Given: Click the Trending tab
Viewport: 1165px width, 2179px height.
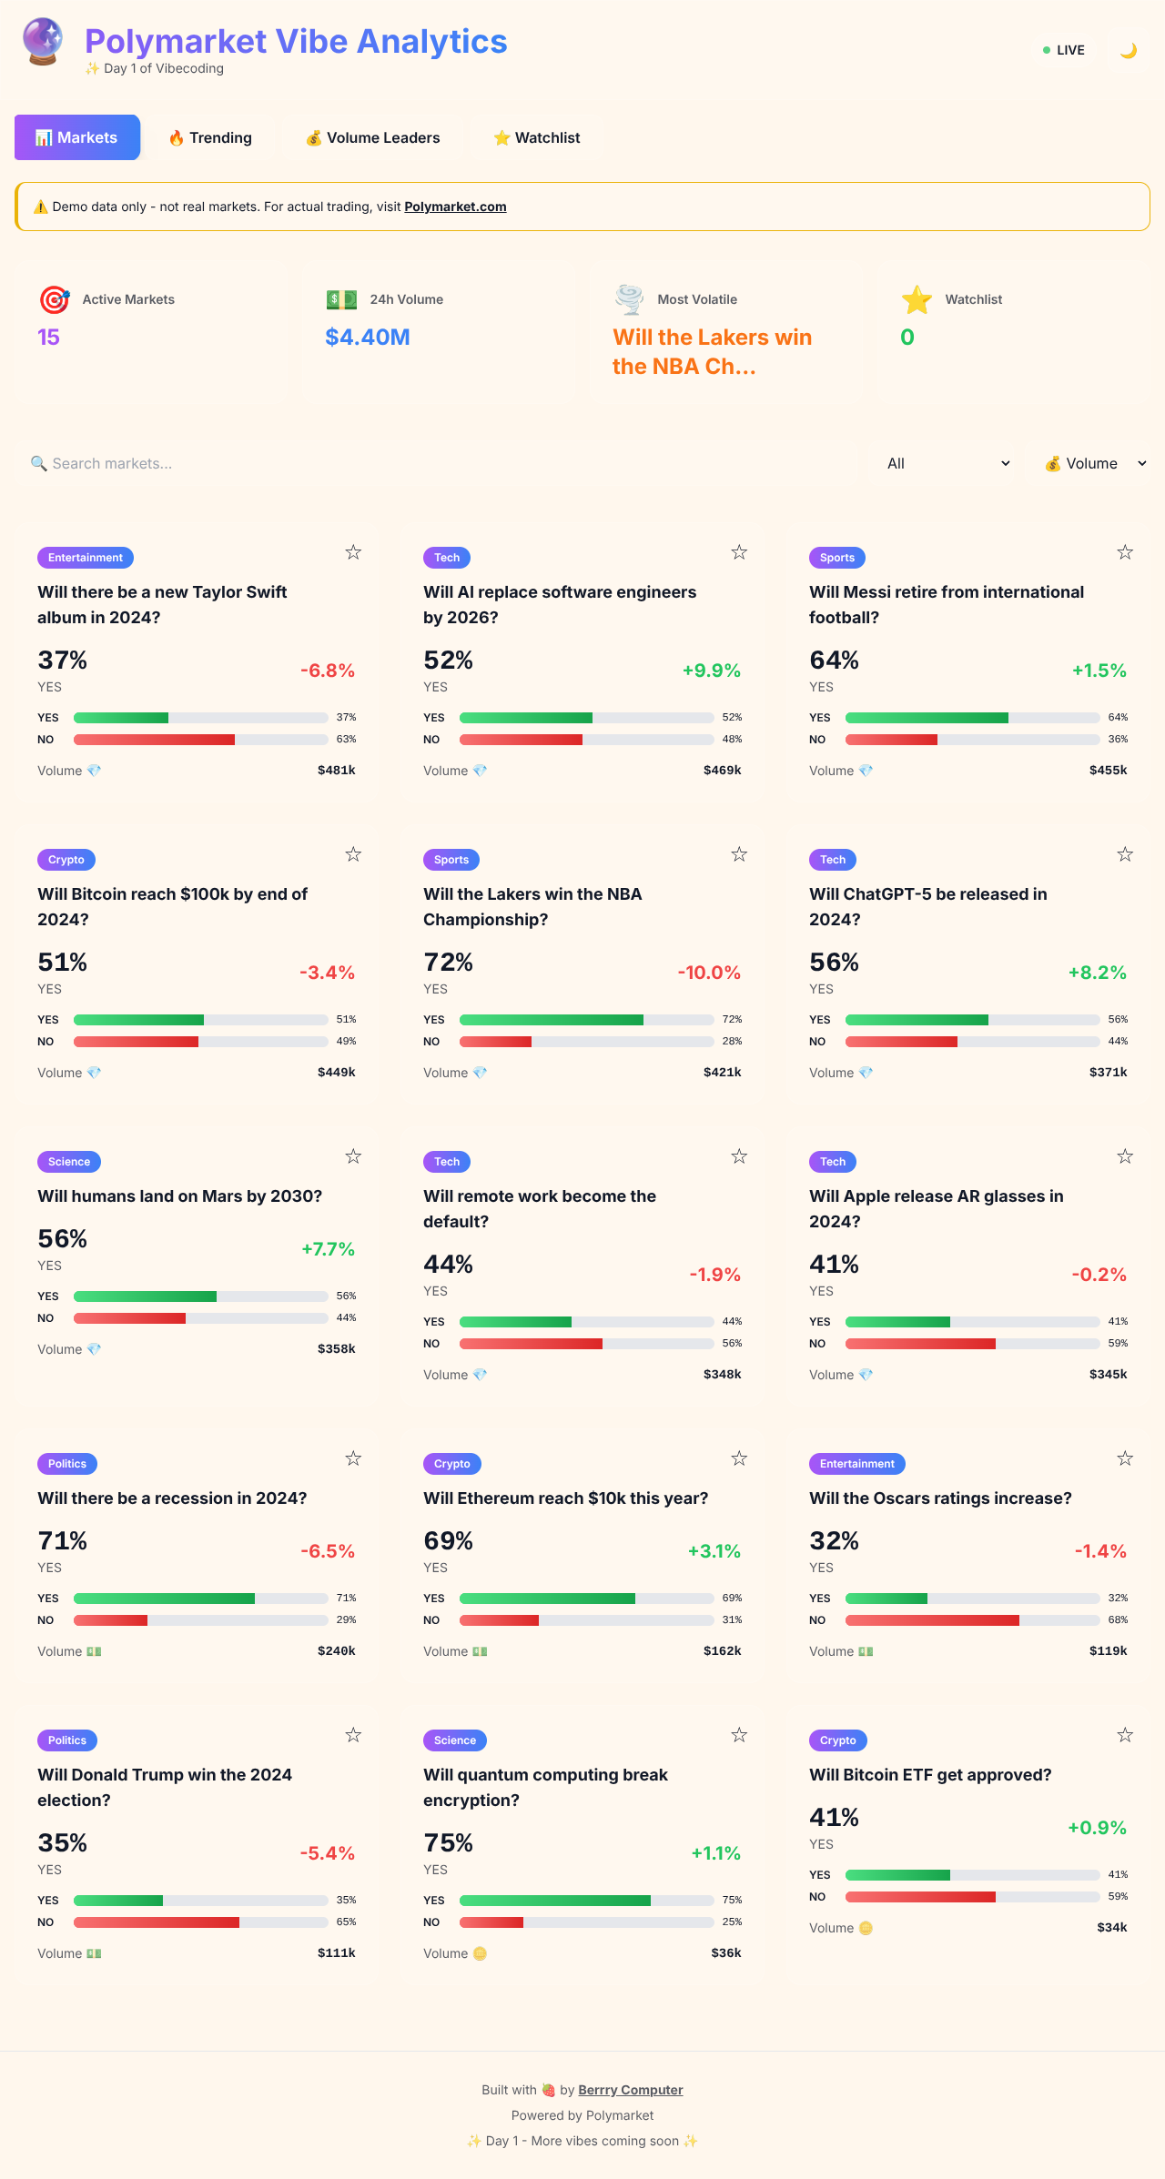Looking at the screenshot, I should point(210,137).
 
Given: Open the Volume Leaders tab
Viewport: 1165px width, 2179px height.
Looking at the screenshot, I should point(373,137).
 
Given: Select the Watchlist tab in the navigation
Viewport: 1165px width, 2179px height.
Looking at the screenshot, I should point(536,137).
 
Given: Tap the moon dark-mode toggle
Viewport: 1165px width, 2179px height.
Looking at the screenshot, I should point(1129,50).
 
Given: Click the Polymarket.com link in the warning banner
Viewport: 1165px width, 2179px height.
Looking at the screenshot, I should point(455,207).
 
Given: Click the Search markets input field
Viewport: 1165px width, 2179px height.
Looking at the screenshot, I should point(437,463).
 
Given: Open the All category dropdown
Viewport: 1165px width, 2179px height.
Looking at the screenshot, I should point(947,463).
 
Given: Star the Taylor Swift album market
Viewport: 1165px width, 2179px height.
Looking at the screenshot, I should point(353,552).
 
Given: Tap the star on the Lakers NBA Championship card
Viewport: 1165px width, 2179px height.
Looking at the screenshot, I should point(739,854).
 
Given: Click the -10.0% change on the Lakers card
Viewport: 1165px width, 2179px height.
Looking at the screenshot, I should point(709,973).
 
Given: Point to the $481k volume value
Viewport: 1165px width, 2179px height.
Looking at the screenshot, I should point(336,770).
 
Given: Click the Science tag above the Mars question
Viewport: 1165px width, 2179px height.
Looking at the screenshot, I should point(69,1162).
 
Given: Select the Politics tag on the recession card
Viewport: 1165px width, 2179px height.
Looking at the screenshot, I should point(67,1464).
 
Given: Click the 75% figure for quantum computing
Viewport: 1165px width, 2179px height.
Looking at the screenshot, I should point(448,1842).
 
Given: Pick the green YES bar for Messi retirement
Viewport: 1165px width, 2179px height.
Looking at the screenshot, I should point(927,718).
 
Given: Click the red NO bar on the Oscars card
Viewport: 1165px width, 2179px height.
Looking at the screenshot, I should point(932,1620).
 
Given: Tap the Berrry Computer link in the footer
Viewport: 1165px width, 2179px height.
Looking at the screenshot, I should point(630,2090).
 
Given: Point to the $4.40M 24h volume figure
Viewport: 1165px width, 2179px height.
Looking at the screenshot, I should point(368,338).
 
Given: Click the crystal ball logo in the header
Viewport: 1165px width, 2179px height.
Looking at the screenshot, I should point(43,42).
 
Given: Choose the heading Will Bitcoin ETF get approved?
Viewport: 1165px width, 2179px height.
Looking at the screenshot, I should point(930,1775).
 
